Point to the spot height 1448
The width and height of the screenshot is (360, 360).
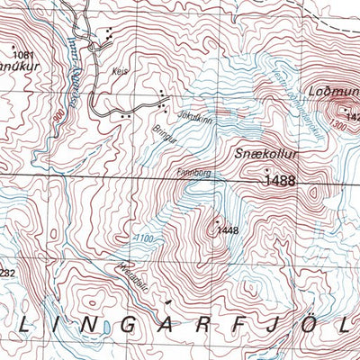click(227, 230)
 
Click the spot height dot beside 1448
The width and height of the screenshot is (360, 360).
click(217, 220)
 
